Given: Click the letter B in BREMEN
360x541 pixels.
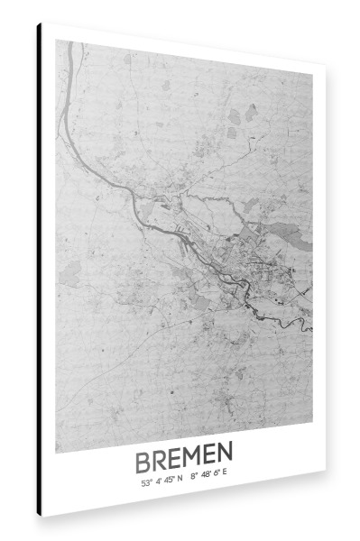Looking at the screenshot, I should point(144,463).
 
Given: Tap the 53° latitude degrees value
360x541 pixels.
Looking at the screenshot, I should point(145,482).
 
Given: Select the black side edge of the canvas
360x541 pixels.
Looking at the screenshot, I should point(39,270).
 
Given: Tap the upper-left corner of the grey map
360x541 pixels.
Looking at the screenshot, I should point(57,41).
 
